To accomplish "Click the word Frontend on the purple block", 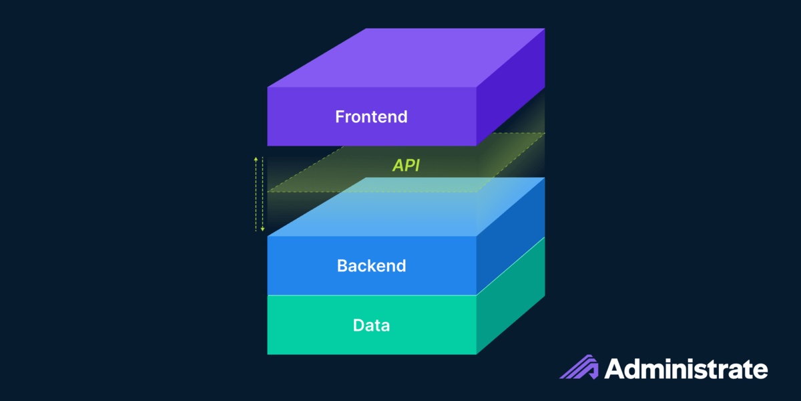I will (371, 117).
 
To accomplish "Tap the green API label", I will (406, 166).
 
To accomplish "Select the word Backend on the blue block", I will (371, 266).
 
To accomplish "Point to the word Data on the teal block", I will (371, 326).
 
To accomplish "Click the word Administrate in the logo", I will (686, 369).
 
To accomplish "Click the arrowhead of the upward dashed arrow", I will (254, 159).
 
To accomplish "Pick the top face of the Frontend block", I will (406, 57).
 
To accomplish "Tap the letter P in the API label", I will (408, 166).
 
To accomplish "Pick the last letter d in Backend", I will (400, 266).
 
